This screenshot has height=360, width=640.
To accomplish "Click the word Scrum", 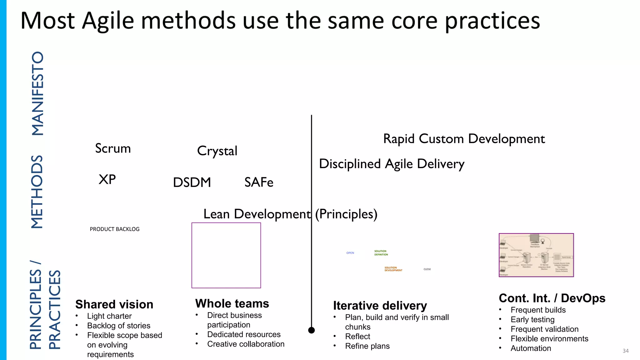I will pos(113,148).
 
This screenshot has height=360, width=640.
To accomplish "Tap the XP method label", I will pos(107,179).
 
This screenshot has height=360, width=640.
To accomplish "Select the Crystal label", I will pos(217,151).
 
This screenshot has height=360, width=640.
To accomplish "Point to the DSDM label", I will pos(192,182).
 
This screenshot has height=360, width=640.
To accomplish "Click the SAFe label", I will pos(259,182).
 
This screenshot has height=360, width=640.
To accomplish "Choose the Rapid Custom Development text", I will pos(464,139).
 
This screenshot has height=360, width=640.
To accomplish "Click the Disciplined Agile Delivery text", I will pos(392,164).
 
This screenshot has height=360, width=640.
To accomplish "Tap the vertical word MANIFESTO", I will pos(38,93).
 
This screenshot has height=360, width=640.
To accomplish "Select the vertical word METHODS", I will pos(37,192).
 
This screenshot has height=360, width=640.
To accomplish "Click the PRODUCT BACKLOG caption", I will pos(115,229).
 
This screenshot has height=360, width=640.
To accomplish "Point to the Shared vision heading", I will pos(114,304).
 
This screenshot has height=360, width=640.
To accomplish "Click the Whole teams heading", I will pos(232,303).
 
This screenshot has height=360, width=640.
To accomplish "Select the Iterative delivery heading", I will pos(380,305).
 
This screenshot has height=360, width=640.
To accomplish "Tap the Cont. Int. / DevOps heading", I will pos(552,298).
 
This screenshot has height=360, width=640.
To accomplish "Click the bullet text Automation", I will pos(531,348).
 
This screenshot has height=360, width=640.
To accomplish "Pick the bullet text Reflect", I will pos(357,337).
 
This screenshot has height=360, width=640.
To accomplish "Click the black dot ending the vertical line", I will pos(312,330).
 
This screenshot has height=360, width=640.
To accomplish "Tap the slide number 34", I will pos(625,351).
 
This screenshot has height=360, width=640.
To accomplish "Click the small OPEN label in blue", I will pos(350,253).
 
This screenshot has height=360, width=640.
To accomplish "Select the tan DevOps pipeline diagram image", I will pos(536,255).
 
